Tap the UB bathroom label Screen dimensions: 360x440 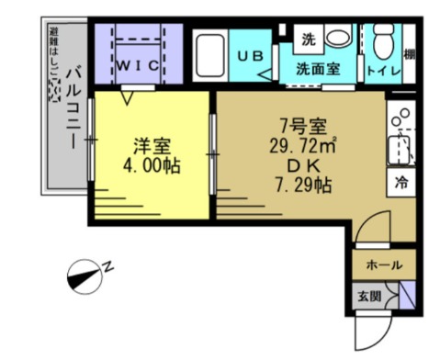point(251,56)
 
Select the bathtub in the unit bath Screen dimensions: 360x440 point(211,56)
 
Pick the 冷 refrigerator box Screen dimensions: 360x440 point(401,182)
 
